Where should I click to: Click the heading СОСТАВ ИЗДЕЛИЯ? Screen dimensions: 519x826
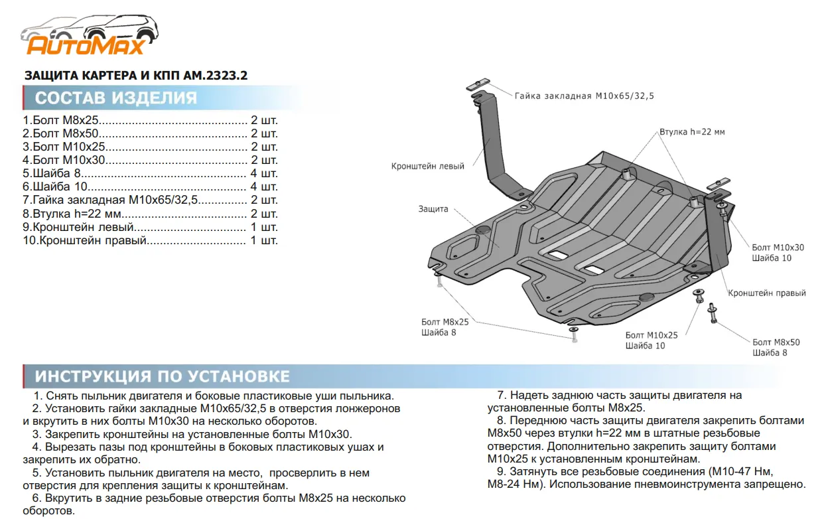click(x=116, y=98)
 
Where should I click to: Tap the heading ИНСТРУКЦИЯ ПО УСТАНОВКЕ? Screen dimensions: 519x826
click(x=162, y=376)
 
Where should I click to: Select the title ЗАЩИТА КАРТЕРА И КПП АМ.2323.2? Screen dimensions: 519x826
click(x=135, y=76)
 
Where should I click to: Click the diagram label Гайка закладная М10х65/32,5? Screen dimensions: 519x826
click(x=584, y=96)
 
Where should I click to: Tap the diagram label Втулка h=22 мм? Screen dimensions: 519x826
click(x=691, y=132)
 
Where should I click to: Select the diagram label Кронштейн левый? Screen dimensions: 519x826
click(x=427, y=167)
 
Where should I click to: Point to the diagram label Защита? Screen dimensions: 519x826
click(x=433, y=209)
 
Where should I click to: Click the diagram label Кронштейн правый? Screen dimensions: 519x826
click(x=766, y=293)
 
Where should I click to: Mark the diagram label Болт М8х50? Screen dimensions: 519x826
click(x=776, y=342)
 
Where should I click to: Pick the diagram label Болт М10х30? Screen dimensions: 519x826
click(x=778, y=248)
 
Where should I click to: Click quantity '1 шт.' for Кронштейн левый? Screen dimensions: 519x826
click(x=264, y=227)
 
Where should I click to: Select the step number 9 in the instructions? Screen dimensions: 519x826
click(x=500, y=471)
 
